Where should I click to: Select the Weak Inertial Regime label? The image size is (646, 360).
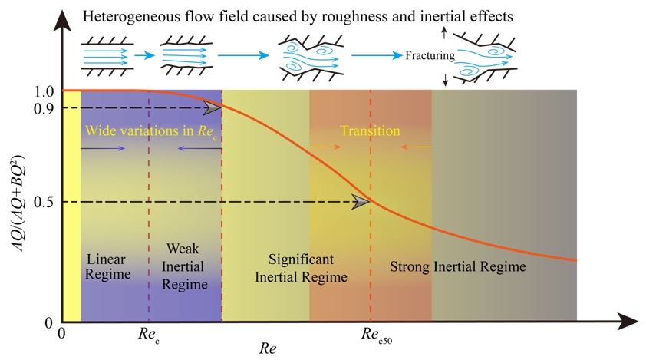(185, 268)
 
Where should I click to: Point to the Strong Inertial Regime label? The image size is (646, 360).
(458, 267)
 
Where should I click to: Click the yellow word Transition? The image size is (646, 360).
(371, 130)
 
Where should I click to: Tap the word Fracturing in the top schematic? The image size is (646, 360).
(430, 56)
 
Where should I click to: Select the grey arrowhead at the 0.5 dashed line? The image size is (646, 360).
(360, 202)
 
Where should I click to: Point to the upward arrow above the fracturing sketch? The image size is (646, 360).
(444, 33)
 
